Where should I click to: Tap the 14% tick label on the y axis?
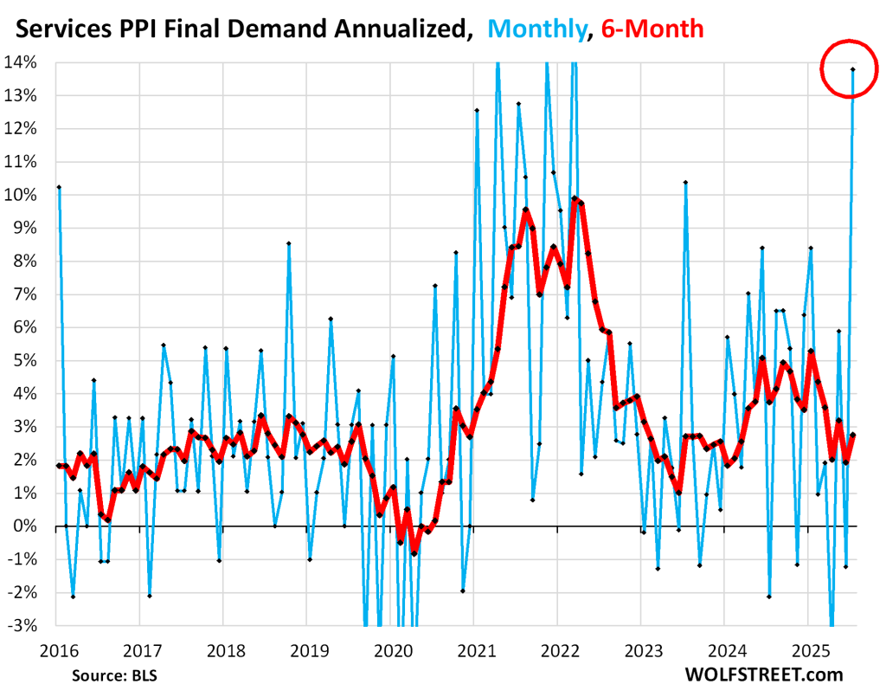pos(22,62)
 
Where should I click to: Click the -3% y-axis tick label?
pos(23,625)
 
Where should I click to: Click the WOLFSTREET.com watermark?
pos(764,673)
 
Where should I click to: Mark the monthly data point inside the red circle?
pos(853,69)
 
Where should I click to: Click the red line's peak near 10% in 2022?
pos(575,199)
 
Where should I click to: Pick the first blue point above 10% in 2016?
pos(58,187)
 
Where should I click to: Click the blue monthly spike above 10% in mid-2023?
pos(684,183)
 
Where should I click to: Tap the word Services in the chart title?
pos(61,29)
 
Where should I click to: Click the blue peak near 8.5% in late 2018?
pos(288,243)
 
